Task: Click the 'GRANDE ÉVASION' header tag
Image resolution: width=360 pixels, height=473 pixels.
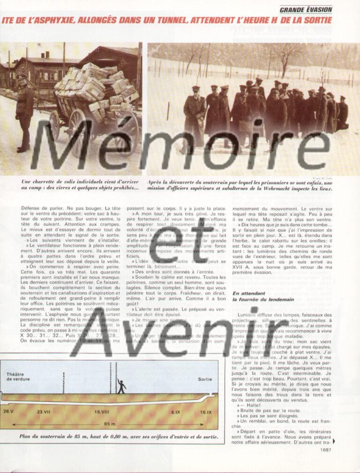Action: pyautogui.click(x=306, y=9)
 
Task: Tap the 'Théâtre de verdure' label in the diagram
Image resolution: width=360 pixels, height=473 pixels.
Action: pyautogui.click(x=18, y=376)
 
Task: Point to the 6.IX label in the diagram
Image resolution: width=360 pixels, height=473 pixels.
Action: pyautogui.click(x=176, y=412)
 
